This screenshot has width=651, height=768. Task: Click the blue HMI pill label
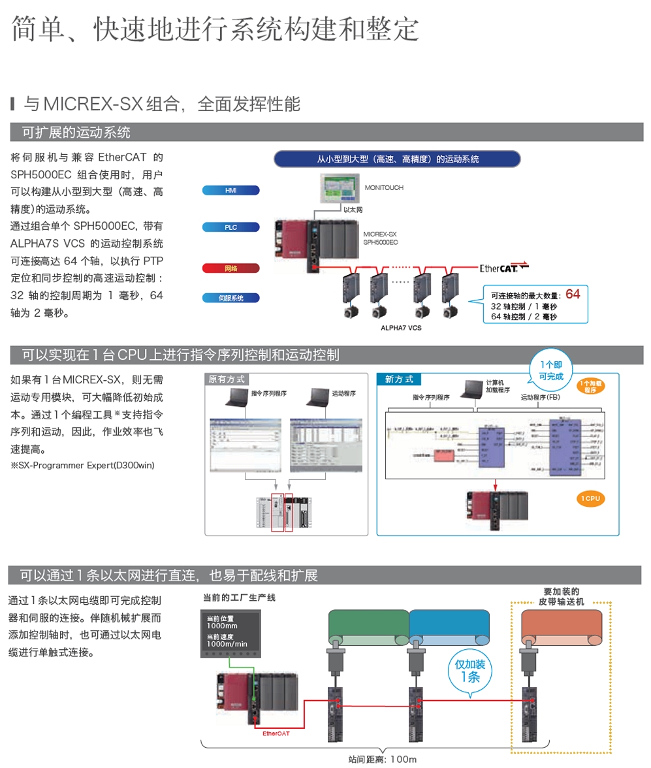pyautogui.click(x=231, y=191)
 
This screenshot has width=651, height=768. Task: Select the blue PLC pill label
pyautogui.click(x=231, y=227)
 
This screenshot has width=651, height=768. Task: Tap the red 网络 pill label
pyautogui.click(x=231, y=268)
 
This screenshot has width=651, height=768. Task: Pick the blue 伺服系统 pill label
pyautogui.click(x=231, y=298)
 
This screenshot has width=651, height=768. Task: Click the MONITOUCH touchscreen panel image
pyautogui.click(x=340, y=189)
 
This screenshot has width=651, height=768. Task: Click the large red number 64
pyautogui.click(x=573, y=294)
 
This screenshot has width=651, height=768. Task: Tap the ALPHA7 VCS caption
pyautogui.click(x=401, y=328)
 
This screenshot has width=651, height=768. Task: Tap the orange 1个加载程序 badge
pyautogui.click(x=590, y=386)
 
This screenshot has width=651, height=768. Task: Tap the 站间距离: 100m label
pyautogui.click(x=382, y=760)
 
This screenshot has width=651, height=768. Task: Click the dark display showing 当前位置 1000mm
pyautogui.click(x=230, y=632)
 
